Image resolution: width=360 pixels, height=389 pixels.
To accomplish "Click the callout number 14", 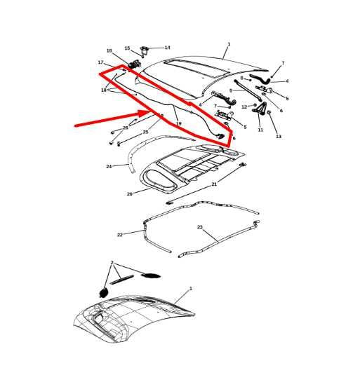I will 167,48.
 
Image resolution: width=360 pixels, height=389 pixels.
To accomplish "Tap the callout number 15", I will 127,48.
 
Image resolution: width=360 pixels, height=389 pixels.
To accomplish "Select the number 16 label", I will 109,51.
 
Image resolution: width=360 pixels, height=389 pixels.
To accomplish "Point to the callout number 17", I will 100,62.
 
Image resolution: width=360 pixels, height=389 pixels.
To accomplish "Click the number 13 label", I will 279,137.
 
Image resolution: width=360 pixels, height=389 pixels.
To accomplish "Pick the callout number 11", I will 260,130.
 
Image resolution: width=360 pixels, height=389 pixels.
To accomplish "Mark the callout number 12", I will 244,107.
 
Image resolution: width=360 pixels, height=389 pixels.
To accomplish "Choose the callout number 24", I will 109,167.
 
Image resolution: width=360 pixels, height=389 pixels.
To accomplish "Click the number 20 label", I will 129,194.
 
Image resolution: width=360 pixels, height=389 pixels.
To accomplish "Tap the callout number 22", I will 120,235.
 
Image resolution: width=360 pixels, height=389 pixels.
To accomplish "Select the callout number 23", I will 200,228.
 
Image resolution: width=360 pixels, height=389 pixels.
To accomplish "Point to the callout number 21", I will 214,184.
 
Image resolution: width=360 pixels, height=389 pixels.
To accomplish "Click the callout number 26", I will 126,128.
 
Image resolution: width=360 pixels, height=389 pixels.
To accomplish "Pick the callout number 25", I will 145,132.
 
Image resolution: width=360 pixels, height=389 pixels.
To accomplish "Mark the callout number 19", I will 178,124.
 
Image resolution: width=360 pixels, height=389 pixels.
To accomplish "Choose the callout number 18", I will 104,90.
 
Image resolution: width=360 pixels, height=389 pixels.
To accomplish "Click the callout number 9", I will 231,90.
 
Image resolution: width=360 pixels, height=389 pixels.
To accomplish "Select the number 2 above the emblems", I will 111,262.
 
